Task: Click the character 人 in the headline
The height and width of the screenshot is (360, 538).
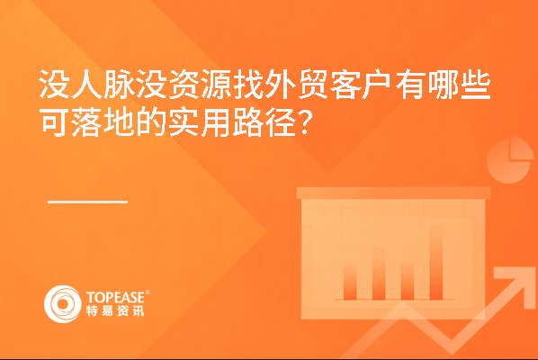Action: point(87,84)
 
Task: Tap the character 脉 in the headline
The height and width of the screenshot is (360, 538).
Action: point(119,84)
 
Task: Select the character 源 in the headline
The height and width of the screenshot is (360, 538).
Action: point(217,84)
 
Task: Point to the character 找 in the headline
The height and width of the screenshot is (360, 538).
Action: point(248,84)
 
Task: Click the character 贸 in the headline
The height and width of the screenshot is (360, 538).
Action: point(313,84)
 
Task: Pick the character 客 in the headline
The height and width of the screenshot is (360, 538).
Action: point(345,84)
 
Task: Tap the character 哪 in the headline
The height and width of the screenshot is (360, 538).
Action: point(443,84)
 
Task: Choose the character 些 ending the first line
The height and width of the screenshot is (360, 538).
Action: point(476,84)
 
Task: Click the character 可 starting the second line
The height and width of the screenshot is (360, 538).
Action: point(55,122)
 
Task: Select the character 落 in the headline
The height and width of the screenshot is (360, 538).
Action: point(87,122)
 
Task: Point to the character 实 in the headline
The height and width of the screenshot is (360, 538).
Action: point(184,122)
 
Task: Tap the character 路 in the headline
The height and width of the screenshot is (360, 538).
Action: point(248,122)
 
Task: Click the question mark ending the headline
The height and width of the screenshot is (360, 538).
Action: point(305,122)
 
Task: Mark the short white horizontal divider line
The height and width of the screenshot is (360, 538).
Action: point(87,202)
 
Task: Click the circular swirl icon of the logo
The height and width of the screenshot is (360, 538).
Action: point(63,304)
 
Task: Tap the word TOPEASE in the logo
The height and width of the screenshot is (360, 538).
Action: point(116,297)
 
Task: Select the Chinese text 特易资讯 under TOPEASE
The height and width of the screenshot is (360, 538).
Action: point(115,310)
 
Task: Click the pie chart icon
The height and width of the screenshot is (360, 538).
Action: point(510,160)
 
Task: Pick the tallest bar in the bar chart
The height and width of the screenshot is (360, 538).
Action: point(436,262)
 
